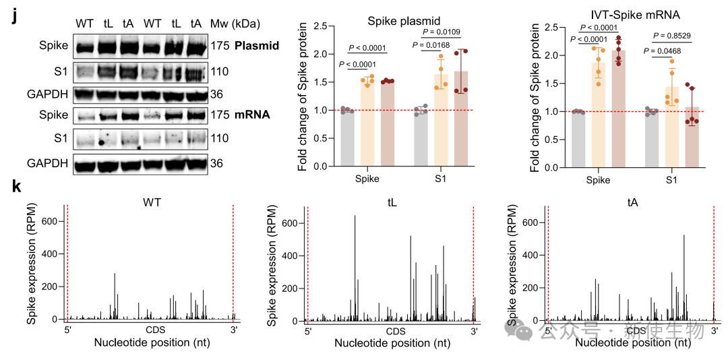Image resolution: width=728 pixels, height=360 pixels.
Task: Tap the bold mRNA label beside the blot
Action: click(x=251, y=115)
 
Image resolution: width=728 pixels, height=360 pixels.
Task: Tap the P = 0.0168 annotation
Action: click(x=436, y=46)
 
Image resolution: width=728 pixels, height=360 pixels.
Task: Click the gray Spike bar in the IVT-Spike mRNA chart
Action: click(x=578, y=138)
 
